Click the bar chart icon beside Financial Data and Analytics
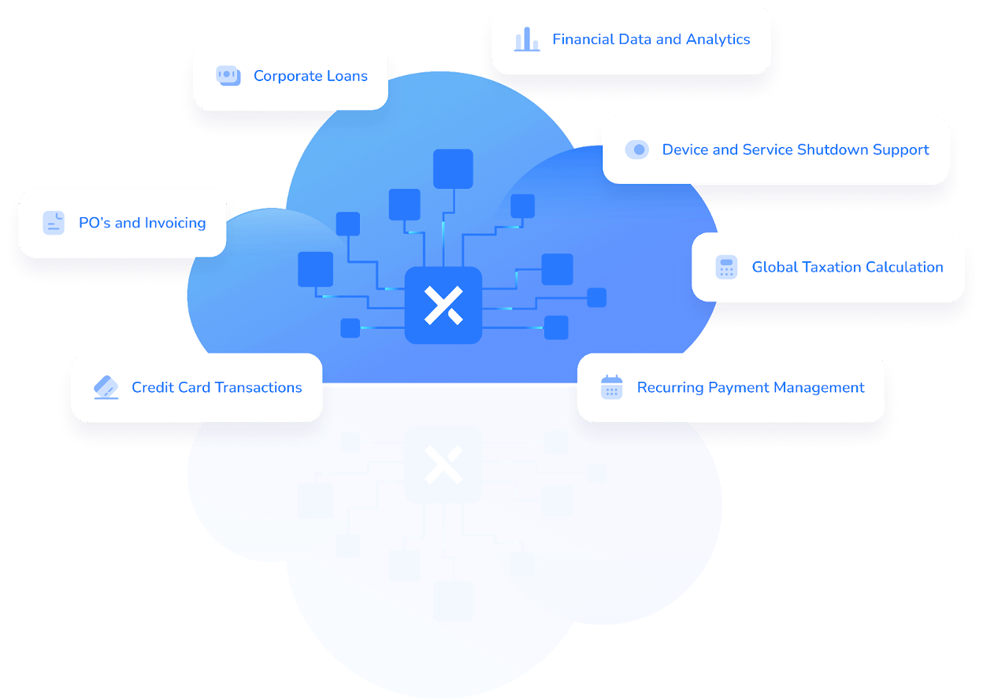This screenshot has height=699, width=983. pos(527,39)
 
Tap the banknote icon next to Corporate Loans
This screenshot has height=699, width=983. pos(228,76)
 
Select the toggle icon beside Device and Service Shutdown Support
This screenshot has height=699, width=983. pos(636,150)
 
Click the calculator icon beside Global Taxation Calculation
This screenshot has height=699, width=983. pos(726,267)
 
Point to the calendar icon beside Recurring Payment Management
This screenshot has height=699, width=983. pos(611,387)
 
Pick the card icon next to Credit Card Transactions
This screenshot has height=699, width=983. pos(106,387)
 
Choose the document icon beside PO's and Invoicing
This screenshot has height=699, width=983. pos(54,223)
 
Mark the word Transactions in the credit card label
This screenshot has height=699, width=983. pos(260,387)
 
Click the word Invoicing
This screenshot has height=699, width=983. pos(175,224)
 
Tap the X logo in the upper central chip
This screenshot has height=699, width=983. pos(443,305)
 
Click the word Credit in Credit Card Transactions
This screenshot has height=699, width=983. pos(152,387)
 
